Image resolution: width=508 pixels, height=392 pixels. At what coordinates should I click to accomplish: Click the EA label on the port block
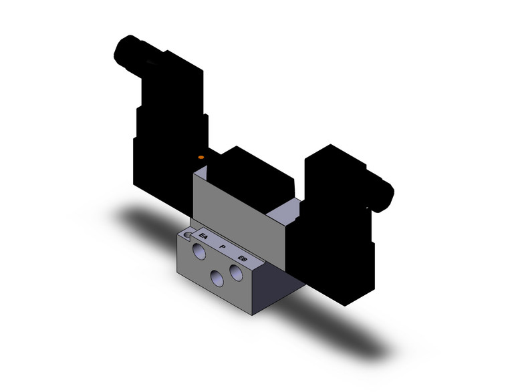pos(204,235)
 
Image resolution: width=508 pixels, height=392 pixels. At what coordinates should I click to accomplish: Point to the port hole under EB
pos(235,272)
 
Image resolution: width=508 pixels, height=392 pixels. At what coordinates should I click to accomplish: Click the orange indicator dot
pos(201,156)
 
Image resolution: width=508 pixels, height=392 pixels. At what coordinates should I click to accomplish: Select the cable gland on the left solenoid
pos(127,51)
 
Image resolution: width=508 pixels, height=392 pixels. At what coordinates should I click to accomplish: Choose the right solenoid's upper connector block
pos(331,174)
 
